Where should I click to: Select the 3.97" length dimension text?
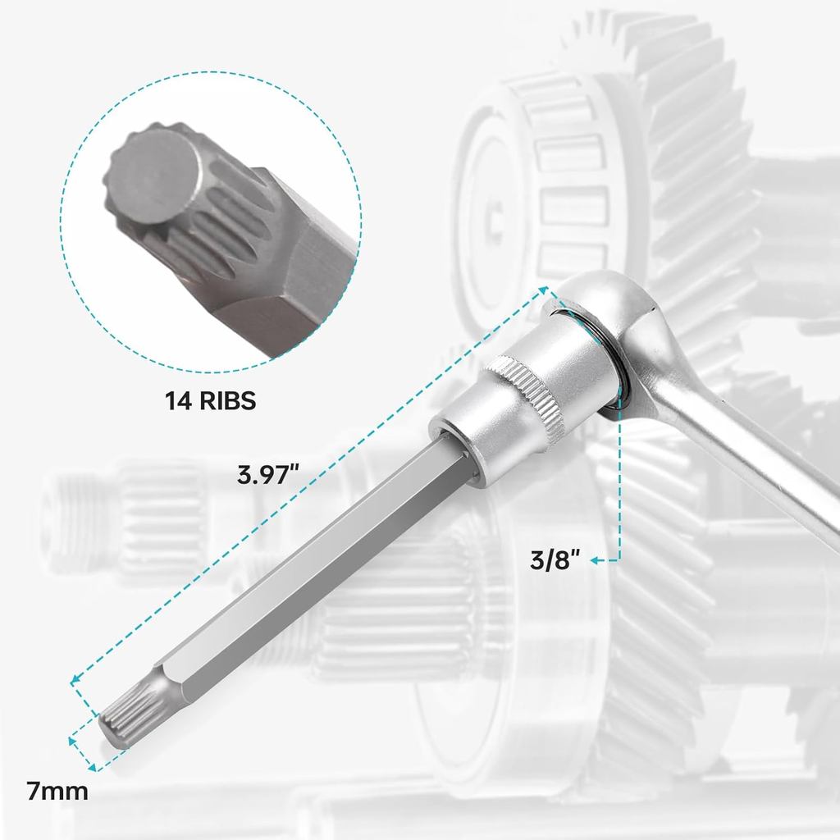click(269, 475)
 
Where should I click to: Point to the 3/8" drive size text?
click(555, 561)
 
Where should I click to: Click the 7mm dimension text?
click(57, 792)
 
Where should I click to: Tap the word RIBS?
click(225, 401)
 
